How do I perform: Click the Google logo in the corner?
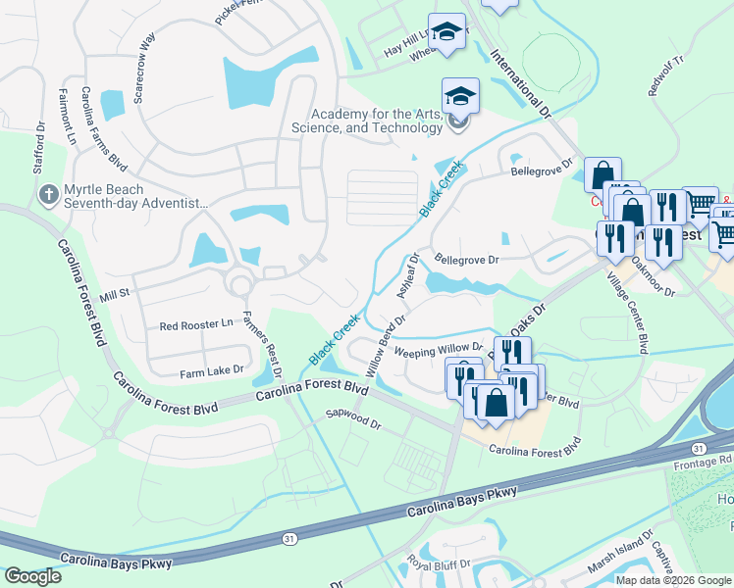point(32,576)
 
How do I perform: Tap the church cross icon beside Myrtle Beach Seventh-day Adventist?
point(46,195)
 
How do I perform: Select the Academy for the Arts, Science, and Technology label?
point(368,121)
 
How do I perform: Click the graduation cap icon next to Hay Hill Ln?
point(446,33)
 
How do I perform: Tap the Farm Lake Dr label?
point(210,372)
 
